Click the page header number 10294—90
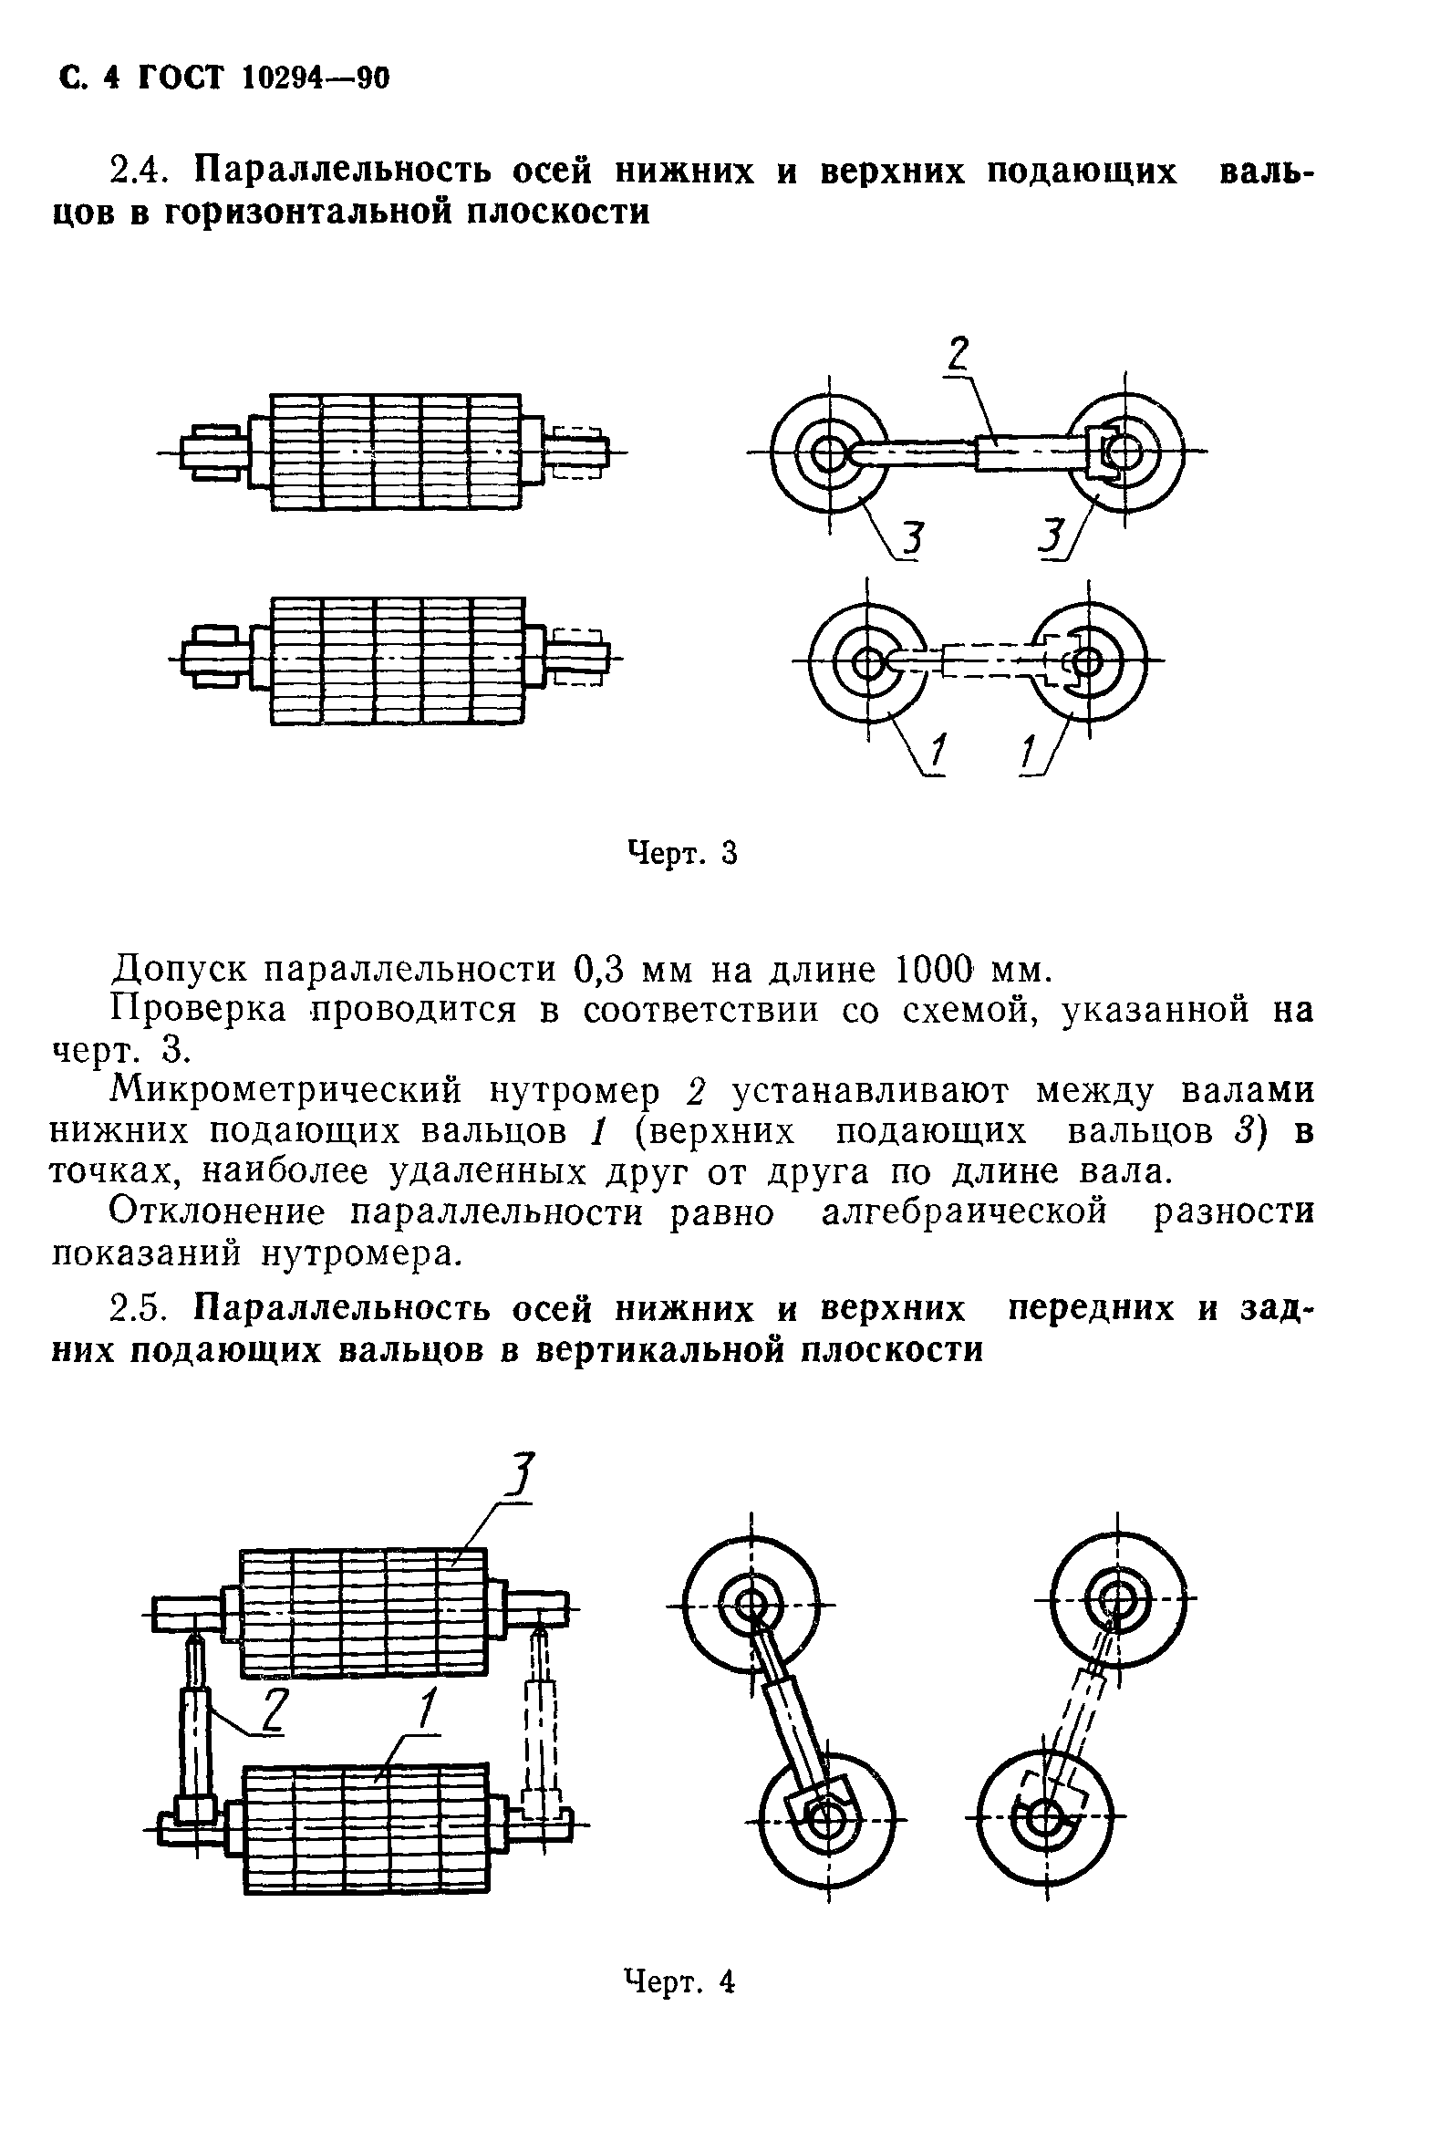pos(316,80)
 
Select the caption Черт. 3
pos(682,854)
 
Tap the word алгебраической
pos(964,1213)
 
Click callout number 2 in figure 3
pos(957,353)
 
